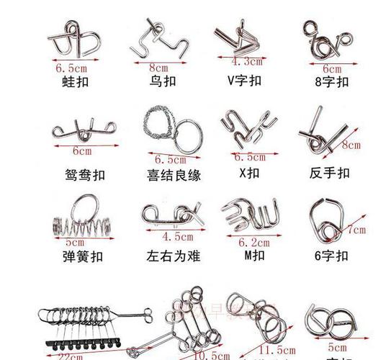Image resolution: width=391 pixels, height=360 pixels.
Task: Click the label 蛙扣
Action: [75, 81]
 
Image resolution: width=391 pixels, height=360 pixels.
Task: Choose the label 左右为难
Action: [173, 256]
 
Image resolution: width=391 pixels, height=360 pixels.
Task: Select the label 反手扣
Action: [329, 173]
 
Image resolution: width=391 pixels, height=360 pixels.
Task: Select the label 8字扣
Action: [333, 81]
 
